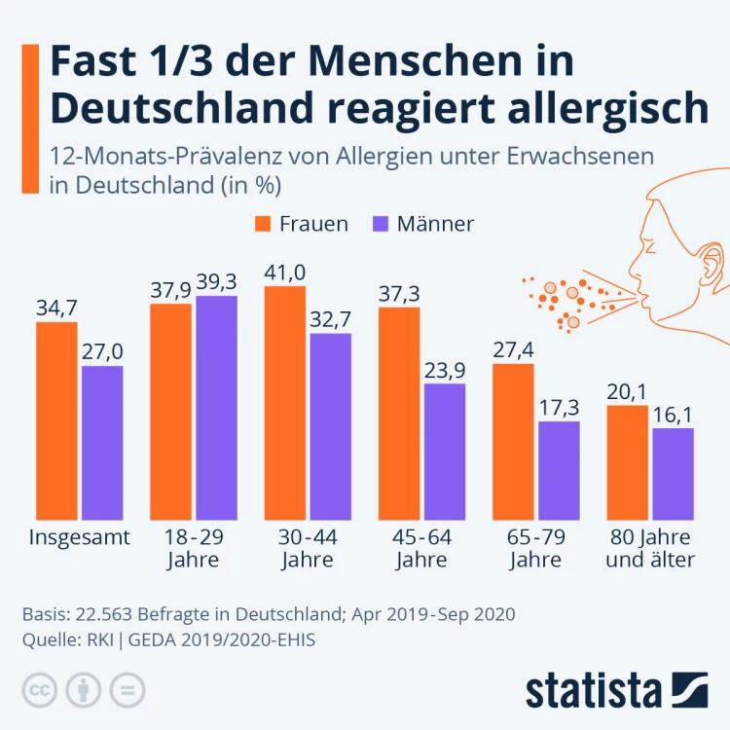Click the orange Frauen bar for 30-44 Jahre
click(285, 389)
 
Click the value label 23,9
click(445, 370)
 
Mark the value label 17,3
click(559, 408)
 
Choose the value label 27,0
click(102, 352)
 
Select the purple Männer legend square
click(381, 224)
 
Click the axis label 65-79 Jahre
click(534, 548)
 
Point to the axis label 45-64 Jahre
click(421, 548)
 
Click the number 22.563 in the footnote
click(101, 615)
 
